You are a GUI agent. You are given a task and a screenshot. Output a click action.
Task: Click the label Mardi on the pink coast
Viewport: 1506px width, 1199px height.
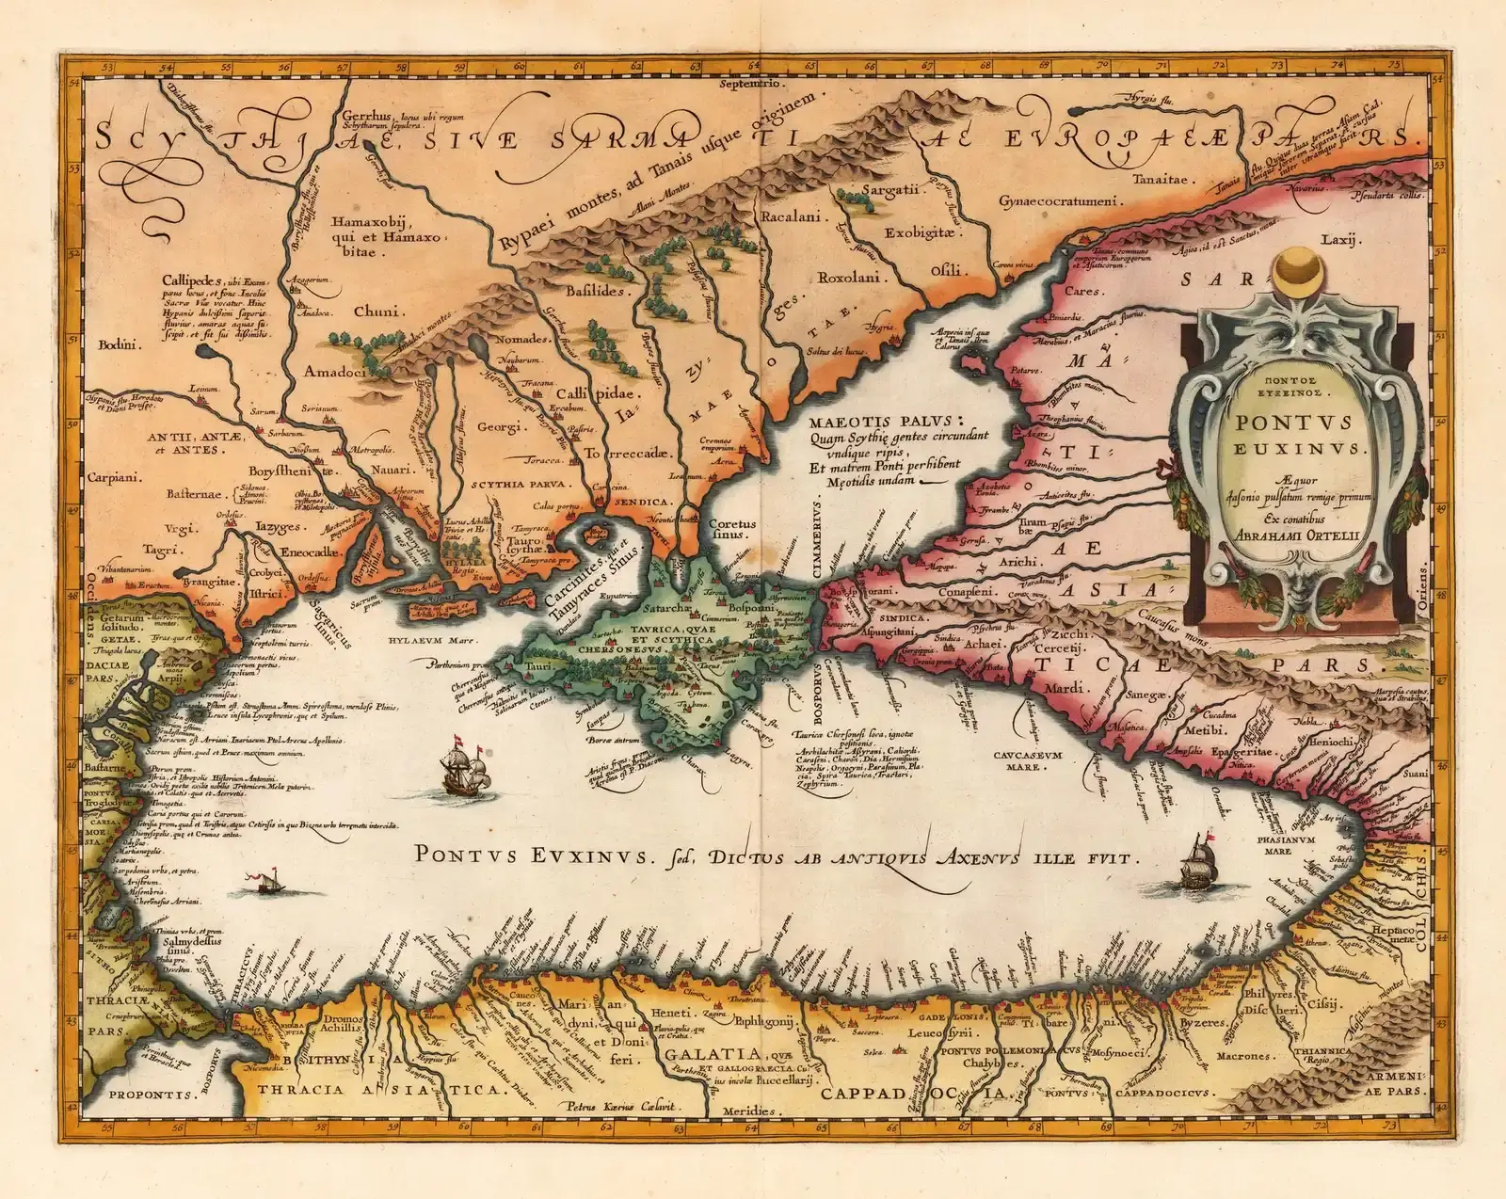click(1065, 689)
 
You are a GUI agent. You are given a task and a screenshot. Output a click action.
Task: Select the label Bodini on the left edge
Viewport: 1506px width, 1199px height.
click(118, 344)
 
